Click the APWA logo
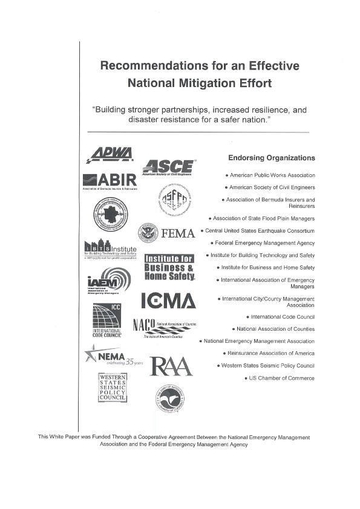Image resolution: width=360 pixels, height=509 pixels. click(110, 155)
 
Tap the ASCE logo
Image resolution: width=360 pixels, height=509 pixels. click(169, 167)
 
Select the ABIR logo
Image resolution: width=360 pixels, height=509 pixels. click(110, 181)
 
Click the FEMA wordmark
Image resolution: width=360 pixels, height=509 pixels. click(178, 233)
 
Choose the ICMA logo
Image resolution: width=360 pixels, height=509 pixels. click(168, 300)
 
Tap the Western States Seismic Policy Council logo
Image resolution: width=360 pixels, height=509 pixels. click(113, 387)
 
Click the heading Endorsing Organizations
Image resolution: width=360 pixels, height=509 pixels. click(271, 158)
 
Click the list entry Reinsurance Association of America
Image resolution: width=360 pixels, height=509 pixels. click(270, 353)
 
